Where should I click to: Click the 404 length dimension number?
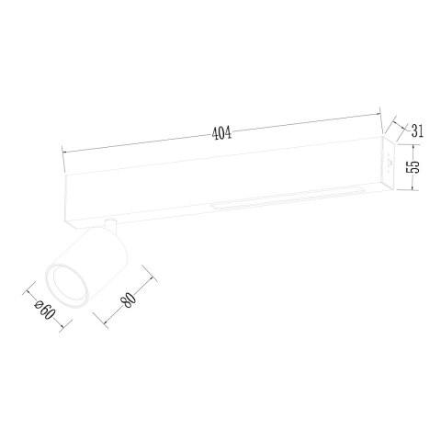pyautogui.click(x=220, y=132)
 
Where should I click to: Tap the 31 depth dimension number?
pyautogui.click(x=416, y=131)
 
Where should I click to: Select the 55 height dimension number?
pyautogui.click(x=413, y=166)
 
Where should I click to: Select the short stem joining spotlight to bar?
pyautogui.click(x=109, y=225)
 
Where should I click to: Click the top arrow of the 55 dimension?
pyautogui.click(x=413, y=141)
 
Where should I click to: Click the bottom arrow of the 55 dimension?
pyautogui.click(x=413, y=192)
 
